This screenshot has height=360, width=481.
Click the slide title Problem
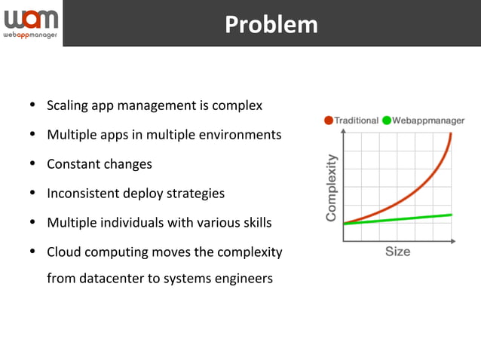(271, 24)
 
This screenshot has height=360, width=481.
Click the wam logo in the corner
(30, 18)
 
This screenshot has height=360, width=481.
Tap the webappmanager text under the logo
(30, 35)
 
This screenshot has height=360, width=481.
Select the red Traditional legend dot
(329, 121)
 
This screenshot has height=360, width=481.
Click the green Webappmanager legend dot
(387, 121)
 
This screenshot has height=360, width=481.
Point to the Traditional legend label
(356, 121)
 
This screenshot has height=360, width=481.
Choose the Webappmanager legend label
(428, 121)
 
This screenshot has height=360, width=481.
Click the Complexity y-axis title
(331, 188)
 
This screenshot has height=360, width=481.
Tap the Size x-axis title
(397, 252)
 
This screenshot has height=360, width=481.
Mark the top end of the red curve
(451, 134)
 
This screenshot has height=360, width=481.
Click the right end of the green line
(451, 215)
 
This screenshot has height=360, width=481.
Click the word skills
(256, 223)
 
